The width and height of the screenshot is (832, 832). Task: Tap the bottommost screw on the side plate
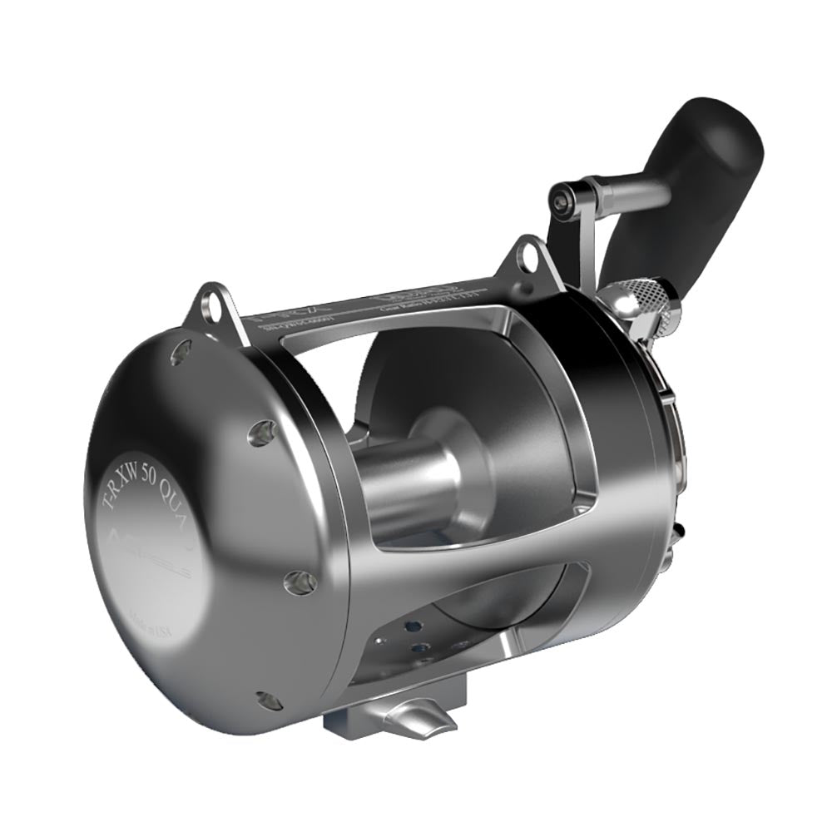point(267,701)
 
